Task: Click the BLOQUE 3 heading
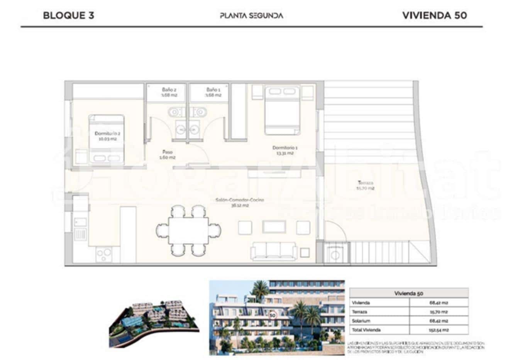68,15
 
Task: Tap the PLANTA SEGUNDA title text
251,15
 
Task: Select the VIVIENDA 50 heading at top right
434,15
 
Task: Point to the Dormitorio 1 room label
285,150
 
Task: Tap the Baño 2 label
169,92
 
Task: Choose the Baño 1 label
213,92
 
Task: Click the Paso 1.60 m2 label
168,155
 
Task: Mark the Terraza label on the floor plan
365,185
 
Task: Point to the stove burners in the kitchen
104,254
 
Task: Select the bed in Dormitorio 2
106,140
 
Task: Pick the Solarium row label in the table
361,321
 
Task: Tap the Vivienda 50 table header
408,293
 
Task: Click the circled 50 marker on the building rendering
273,315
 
